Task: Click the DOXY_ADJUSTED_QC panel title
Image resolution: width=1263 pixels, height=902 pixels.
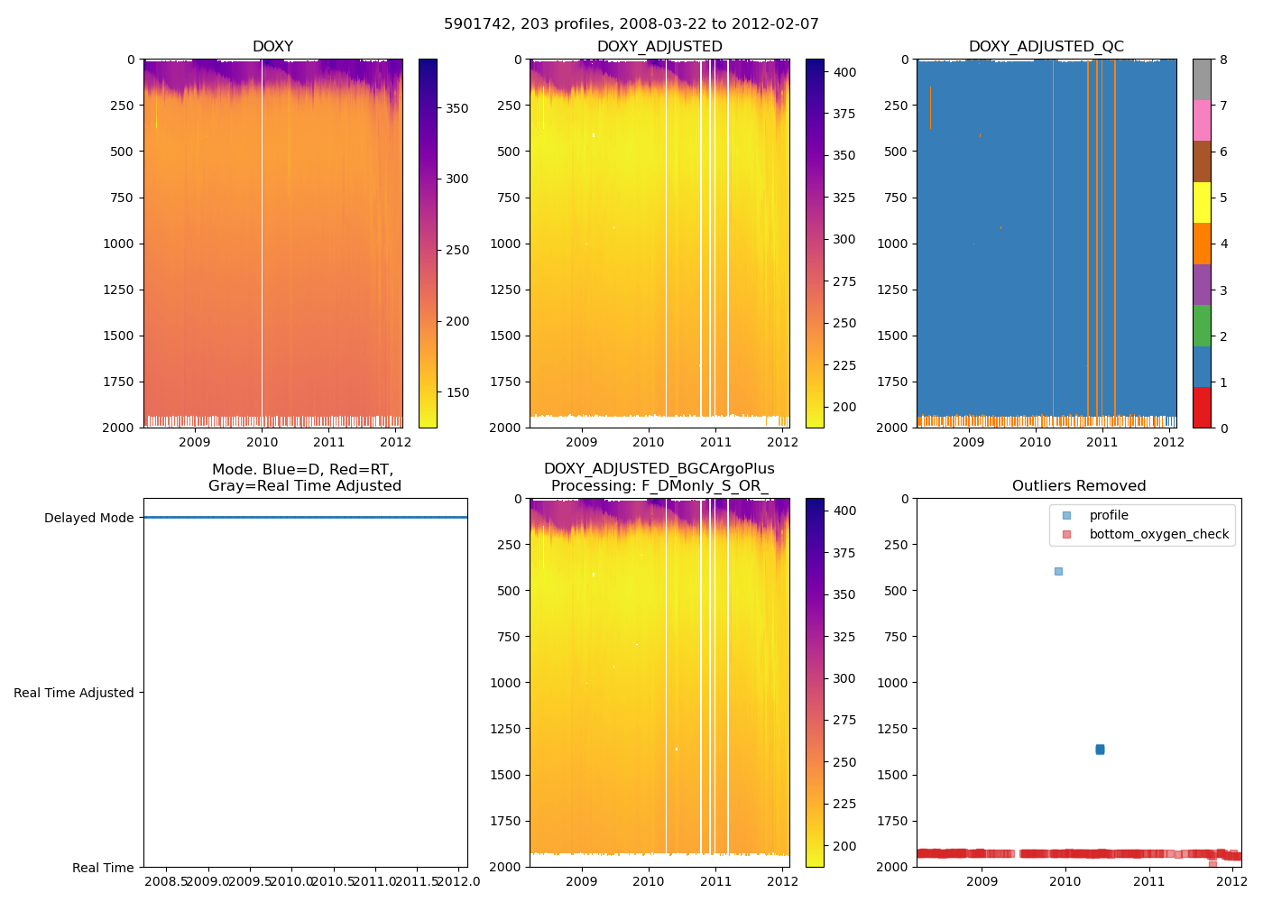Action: point(1046,47)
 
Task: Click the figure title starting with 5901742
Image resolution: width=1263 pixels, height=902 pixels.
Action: point(631,24)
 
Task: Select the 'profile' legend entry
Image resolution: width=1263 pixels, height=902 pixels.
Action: point(1109,515)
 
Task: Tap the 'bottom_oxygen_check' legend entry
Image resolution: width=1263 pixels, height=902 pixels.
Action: point(1158,534)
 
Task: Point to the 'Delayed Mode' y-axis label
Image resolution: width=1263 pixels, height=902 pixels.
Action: point(88,518)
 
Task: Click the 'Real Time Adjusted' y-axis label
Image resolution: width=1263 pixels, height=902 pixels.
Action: point(74,693)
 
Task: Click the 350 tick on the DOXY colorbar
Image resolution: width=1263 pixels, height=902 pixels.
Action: point(457,108)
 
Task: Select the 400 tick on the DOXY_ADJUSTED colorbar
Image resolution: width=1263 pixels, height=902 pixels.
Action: point(844,72)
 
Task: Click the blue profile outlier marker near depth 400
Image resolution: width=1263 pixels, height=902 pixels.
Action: point(1058,571)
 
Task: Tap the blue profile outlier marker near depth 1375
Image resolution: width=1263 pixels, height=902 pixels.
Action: point(1100,750)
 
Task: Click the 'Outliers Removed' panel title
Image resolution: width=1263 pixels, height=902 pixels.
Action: point(1079,486)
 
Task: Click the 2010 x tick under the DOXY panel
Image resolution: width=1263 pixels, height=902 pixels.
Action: point(262,442)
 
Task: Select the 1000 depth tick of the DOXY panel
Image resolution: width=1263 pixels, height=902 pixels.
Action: point(118,244)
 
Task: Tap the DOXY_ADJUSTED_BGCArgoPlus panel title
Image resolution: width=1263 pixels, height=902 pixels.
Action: point(659,477)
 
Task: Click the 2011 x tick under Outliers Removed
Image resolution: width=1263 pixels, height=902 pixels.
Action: point(1149,881)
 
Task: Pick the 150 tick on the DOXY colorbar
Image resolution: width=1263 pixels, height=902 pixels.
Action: point(457,392)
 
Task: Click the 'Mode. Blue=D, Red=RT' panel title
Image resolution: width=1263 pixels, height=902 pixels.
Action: point(304,477)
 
